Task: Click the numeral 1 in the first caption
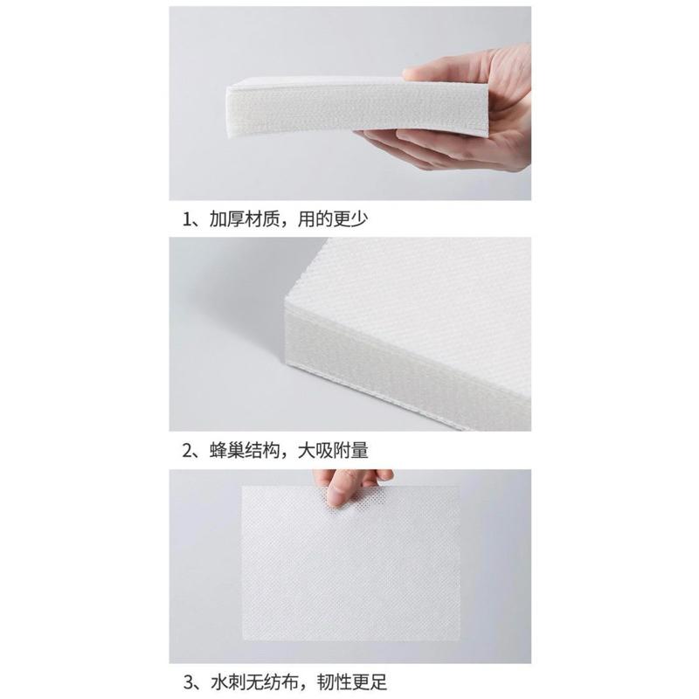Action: [x=187, y=219]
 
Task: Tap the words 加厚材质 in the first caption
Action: [x=245, y=219]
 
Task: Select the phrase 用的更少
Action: [x=333, y=219]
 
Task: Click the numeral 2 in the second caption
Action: [x=187, y=451]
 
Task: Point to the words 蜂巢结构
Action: [x=245, y=451]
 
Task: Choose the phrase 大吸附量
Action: [x=333, y=451]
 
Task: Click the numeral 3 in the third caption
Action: [x=188, y=682]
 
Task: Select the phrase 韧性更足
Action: [x=352, y=682]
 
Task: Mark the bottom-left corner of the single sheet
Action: [x=243, y=640]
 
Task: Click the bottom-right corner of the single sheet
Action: [x=460, y=640]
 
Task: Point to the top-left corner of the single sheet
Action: [x=243, y=487]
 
